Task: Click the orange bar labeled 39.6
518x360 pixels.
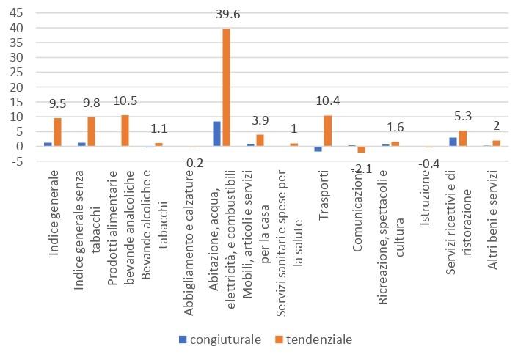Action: tap(226, 87)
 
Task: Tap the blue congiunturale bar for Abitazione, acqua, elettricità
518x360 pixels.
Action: tap(216, 133)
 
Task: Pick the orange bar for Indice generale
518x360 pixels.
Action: tap(57, 132)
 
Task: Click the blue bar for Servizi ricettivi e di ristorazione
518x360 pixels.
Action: tap(453, 142)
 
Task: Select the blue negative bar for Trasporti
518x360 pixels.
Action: tap(318, 149)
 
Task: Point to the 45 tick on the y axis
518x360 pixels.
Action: tap(16, 13)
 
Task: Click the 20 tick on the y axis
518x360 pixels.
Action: tap(16, 87)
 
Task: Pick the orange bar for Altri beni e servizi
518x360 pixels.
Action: tap(497, 143)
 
